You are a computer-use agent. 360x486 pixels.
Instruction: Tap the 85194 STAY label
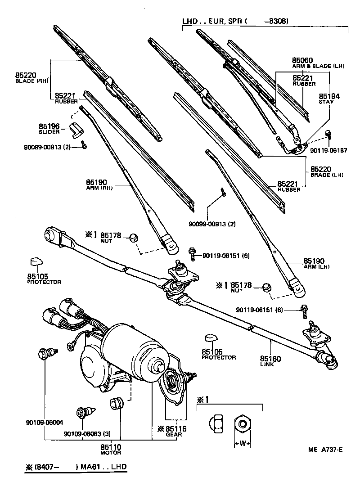[329, 99]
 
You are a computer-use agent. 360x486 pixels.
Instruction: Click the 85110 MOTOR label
[111, 449]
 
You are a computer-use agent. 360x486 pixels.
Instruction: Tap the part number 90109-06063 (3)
[87, 434]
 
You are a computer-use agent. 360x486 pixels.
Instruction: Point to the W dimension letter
[242, 443]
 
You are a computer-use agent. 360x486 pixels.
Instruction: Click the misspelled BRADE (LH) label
[327, 175]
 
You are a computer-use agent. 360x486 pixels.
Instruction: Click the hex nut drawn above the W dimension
[242, 423]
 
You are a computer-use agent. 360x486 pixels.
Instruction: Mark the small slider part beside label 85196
[76, 129]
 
